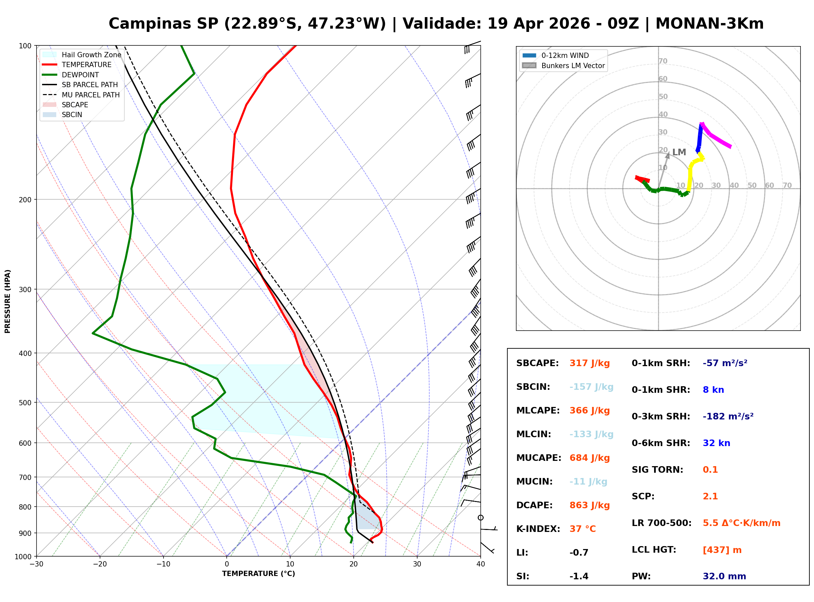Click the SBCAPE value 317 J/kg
[x=589, y=363]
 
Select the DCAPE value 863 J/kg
[x=589, y=505]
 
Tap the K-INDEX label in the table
[x=538, y=529]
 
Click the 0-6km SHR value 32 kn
[x=716, y=443]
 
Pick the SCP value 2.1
[x=710, y=496]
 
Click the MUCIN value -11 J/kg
[x=588, y=482]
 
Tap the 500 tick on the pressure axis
[x=25, y=403]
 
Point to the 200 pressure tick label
[x=25, y=200]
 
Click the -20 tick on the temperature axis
[x=99, y=564]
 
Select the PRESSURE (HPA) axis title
[x=8, y=301]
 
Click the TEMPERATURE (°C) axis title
[x=258, y=574]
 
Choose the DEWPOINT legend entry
[x=80, y=75]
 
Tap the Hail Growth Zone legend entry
[x=91, y=55]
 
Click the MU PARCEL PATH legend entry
[x=90, y=95]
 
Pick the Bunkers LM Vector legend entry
[x=573, y=65]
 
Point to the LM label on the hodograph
[x=679, y=152]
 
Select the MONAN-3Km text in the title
[x=709, y=24]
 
